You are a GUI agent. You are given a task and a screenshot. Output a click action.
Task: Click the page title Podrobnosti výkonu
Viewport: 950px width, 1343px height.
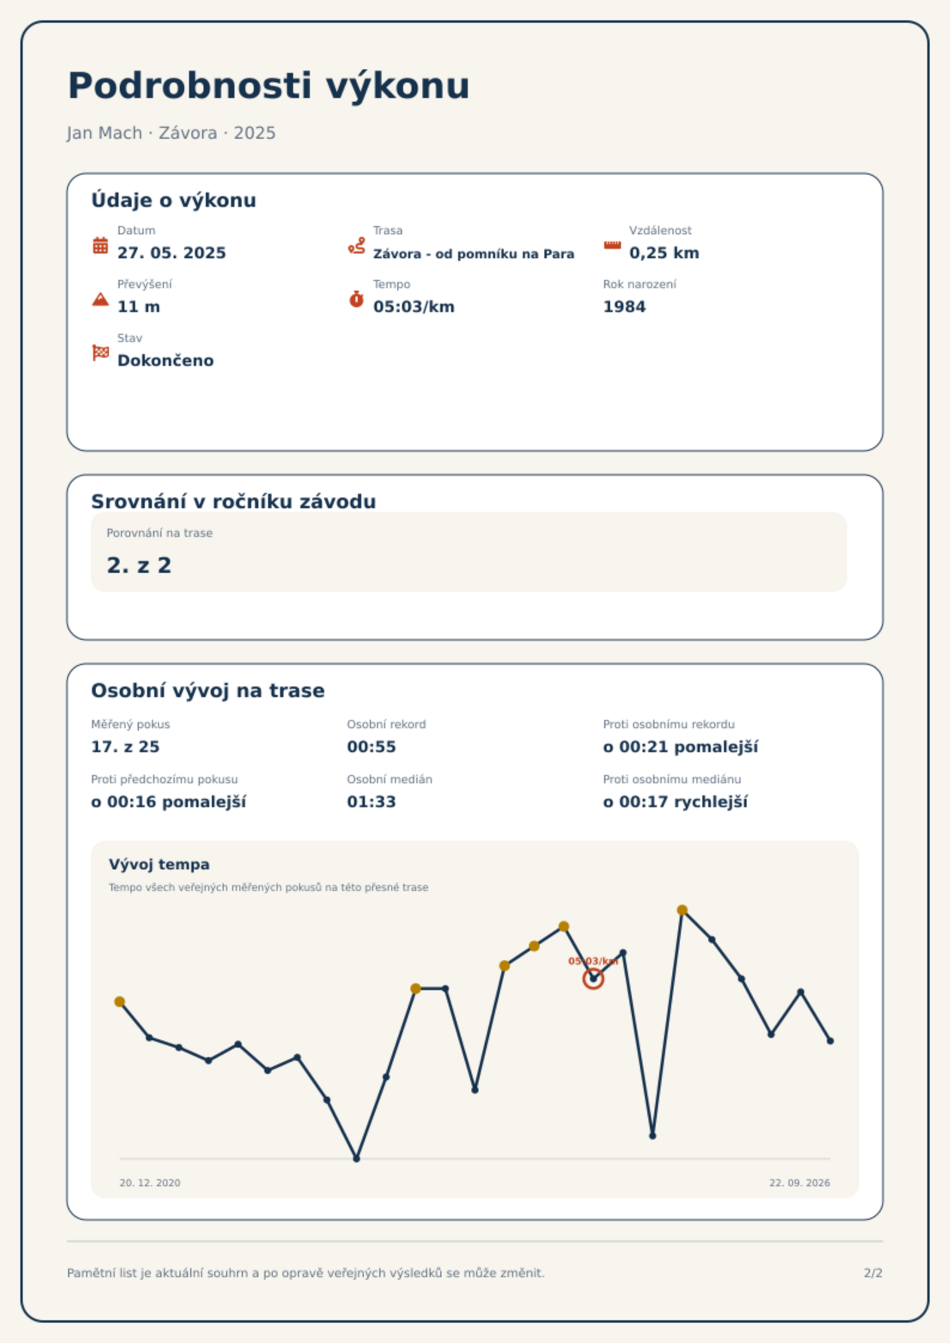(269, 86)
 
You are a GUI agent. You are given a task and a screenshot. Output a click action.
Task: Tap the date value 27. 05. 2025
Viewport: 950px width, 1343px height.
(172, 253)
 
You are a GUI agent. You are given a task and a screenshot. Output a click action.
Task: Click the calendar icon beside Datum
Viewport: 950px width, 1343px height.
(101, 245)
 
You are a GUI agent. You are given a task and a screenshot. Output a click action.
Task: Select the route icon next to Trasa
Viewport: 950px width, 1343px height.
(357, 245)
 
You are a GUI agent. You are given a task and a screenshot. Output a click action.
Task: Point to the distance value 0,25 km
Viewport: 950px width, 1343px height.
(664, 253)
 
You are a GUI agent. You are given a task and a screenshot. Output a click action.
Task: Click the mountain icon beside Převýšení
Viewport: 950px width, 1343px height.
(101, 299)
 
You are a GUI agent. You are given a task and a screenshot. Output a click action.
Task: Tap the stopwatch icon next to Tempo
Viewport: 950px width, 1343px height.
(357, 299)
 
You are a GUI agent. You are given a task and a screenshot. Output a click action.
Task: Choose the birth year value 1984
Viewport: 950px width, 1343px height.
(625, 307)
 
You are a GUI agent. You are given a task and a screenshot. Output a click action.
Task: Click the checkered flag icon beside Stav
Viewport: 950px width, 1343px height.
(101, 353)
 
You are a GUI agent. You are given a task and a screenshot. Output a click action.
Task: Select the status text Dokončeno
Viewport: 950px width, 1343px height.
(166, 361)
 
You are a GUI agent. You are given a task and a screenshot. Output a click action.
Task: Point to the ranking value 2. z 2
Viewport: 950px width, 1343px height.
(139, 565)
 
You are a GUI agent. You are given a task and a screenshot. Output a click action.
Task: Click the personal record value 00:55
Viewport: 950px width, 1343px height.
(372, 747)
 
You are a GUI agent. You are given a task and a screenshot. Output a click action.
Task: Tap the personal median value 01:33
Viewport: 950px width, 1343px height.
(372, 802)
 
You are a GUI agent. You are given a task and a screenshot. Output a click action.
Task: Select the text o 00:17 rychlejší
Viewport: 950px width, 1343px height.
(675, 802)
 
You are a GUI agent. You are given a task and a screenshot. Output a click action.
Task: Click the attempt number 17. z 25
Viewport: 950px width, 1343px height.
(125, 747)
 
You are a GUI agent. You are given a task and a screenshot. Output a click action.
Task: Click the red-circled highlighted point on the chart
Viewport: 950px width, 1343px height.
(593, 979)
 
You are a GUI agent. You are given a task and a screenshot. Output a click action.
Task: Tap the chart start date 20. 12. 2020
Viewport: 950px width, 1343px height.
(150, 1183)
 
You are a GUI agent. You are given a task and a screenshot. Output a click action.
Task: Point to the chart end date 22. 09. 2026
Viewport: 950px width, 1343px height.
(800, 1183)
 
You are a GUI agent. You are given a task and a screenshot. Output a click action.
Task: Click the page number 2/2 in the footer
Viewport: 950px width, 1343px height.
(873, 1273)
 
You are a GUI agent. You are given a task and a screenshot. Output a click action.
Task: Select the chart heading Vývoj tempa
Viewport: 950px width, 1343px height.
(159, 865)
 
